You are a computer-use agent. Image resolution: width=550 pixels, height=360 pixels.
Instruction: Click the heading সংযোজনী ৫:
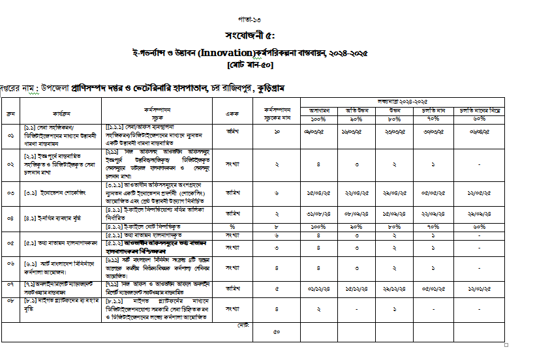point(250,36)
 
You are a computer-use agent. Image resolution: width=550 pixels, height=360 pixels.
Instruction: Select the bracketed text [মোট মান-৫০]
point(251,65)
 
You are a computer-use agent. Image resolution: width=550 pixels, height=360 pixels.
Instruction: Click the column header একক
point(230,112)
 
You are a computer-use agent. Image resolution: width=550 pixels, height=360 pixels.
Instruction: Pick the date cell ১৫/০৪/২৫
point(318,194)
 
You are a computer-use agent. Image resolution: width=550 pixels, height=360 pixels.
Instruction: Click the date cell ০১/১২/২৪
point(318,286)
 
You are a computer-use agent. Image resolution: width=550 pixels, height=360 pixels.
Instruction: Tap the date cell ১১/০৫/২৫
point(480,194)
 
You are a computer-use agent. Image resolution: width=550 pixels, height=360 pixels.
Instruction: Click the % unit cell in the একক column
point(230,226)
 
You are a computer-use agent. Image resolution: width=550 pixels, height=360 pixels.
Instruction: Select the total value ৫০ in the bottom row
point(277,332)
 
